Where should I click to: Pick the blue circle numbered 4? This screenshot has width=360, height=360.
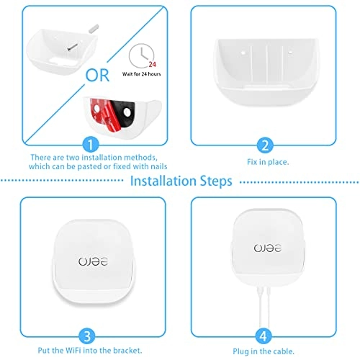(x=264, y=333)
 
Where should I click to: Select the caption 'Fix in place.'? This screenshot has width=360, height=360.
(x=264, y=163)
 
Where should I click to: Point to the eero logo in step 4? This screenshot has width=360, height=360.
(x=264, y=248)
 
